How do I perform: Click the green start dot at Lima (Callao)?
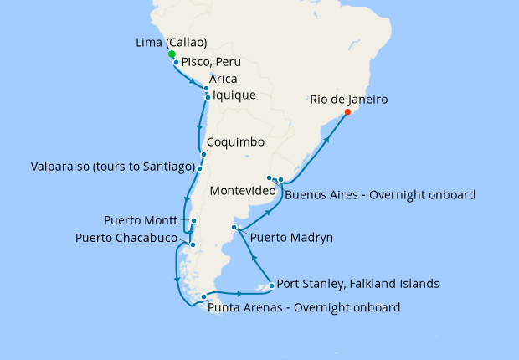[172, 54]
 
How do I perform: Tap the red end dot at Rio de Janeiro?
[347, 111]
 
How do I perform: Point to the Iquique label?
[234, 95]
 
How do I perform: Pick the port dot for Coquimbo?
[203, 154]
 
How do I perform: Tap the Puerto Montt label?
[140, 221]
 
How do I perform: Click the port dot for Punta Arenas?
[204, 296]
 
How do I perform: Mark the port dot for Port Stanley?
[271, 286]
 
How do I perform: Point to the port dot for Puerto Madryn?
[234, 228]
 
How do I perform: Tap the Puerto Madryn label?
[292, 238]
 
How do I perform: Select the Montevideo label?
[244, 191]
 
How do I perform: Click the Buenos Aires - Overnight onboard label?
[380, 194]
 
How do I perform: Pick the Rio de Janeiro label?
[349, 100]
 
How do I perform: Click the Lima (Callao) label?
[171, 43]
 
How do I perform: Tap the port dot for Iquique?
[208, 98]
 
